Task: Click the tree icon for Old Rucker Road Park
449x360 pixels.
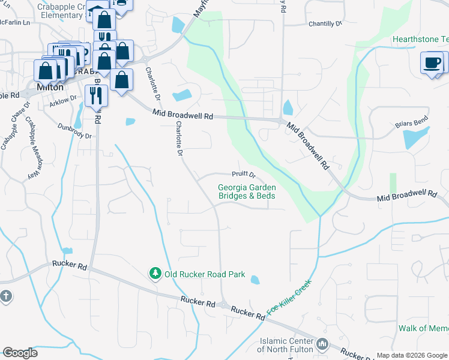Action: [155, 274]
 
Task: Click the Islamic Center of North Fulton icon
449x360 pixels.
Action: [323, 343]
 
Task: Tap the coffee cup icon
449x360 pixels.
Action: [432, 62]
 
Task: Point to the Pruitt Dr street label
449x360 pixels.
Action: [244, 175]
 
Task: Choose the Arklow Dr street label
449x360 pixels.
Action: [64, 101]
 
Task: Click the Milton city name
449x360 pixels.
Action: [50, 87]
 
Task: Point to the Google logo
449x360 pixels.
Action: [20, 352]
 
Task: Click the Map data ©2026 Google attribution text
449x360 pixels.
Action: [412, 355]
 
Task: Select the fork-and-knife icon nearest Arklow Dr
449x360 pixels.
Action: [96, 95]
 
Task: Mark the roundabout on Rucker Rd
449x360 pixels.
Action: [223, 305]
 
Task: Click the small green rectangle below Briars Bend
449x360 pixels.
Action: [393, 183]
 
